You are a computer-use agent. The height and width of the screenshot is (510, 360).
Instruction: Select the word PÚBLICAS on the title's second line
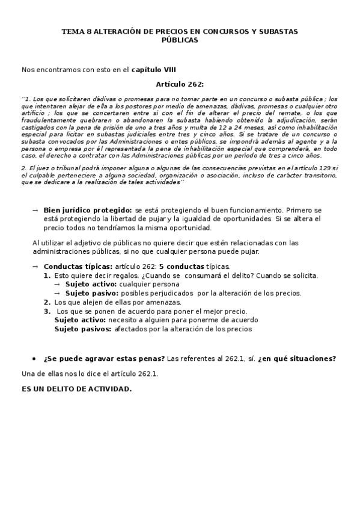(180, 40)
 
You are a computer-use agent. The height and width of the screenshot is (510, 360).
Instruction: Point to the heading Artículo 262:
(180, 84)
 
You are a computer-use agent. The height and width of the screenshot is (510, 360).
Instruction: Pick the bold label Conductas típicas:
(78, 266)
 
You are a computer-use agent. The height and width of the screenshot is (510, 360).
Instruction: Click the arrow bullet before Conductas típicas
(35, 266)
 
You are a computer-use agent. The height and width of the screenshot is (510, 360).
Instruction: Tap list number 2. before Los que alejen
(47, 303)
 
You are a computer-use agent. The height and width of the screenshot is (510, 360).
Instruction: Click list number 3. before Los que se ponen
(47, 312)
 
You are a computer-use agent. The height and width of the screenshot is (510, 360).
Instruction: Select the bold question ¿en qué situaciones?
(297, 359)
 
